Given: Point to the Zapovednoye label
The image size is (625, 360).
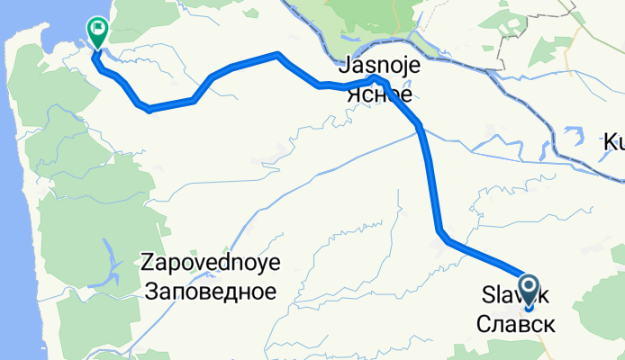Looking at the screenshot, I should (x=212, y=264).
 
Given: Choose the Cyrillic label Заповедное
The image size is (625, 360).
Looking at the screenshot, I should (x=212, y=291).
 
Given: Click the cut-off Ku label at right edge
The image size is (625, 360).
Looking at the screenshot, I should (x=613, y=142).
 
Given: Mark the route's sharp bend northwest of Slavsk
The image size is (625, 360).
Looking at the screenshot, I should (x=442, y=236).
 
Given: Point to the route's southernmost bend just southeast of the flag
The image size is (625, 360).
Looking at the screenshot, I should (x=149, y=109).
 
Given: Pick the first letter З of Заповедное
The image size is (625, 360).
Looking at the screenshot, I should (x=149, y=291).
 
